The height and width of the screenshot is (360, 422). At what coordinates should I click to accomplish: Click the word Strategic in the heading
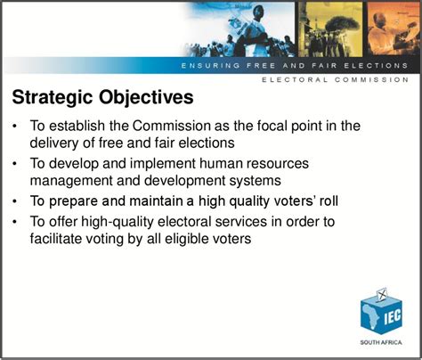[53, 98]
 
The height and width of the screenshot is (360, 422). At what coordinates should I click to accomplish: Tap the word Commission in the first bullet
[172, 126]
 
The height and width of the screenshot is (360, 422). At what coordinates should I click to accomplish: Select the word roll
[329, 201]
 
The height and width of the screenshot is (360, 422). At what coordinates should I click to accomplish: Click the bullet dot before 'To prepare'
[15, 201]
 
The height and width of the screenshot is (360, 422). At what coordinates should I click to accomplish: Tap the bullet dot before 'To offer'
[15, 222]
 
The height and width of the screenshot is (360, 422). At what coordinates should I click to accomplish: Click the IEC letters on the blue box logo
[393, 317]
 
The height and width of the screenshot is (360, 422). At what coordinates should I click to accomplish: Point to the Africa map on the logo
[370, 318]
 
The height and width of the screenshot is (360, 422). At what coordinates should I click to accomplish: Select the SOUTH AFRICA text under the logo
[381, 342]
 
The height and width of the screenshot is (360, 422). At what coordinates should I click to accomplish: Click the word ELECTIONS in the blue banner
[376, 66]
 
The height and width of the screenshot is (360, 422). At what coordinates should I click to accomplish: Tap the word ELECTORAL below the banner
[295, 79]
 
